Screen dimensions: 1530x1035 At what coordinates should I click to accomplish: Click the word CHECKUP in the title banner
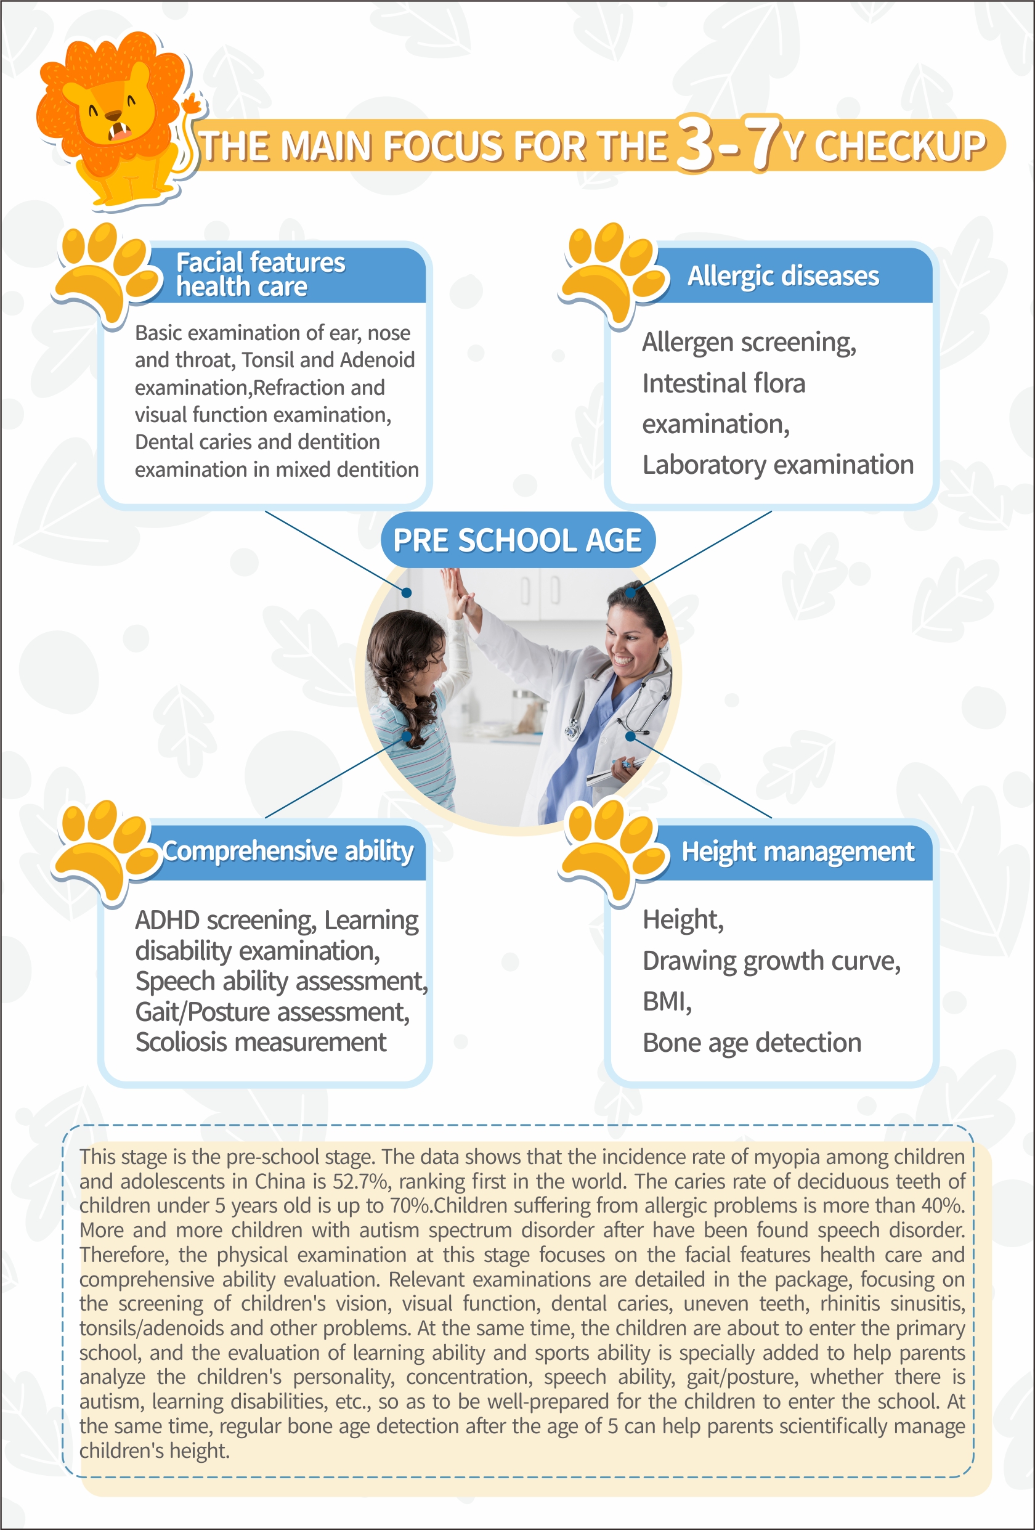[900, 146]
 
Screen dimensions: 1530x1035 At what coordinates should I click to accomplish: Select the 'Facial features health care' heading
[260, 275]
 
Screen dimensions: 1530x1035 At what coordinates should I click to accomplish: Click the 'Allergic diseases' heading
[783, 276]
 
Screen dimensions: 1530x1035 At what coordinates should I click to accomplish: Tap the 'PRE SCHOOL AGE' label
[517, 540]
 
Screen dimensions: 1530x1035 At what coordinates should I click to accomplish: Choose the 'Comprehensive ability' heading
[288, 851]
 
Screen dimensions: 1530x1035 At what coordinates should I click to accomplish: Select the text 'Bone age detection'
[751, 1043]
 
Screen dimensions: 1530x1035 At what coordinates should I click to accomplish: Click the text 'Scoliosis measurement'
[261, 1042]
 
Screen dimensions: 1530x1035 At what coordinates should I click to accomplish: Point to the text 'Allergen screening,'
[749, 343]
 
